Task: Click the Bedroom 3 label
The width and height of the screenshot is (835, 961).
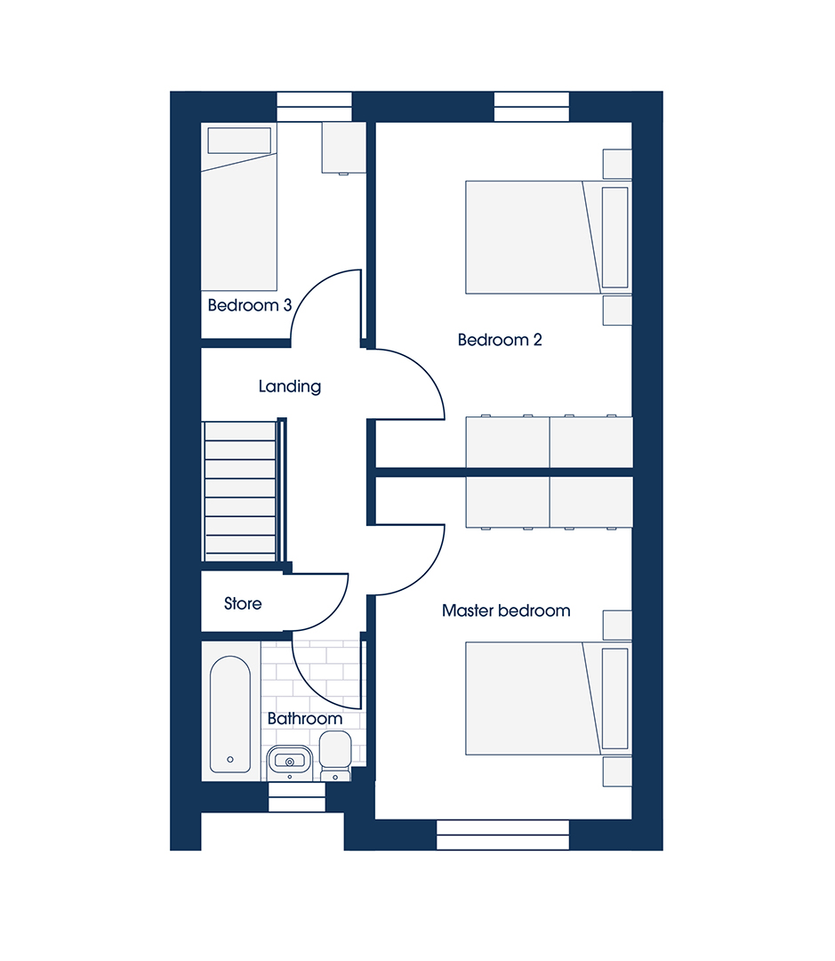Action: (x=249, y=305)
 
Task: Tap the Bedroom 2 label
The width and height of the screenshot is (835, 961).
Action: (x=500, y=340)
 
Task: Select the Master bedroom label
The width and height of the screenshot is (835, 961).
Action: (x=506, y=610)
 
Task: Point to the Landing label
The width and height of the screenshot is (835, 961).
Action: (x=290, y=386)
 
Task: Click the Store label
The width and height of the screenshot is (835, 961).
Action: (x=243, y=603)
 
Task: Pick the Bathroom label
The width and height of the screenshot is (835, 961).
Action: (x=304, y=718)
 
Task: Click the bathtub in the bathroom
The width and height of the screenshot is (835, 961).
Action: (x=230, y=715)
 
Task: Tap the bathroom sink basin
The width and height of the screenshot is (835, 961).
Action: (x=290, y=762)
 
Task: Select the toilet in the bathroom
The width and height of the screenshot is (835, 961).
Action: (x=335, y=756)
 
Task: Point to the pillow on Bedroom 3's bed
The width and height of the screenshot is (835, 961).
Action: (x=239, y=141)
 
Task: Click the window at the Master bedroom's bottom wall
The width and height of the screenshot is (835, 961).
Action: (x=503, y=836)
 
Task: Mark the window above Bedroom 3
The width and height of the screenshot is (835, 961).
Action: (x=314, y=107)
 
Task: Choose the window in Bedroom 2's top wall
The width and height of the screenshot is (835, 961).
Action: (x=532, y=107)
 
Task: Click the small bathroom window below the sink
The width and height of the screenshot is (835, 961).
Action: (x=296, y=797)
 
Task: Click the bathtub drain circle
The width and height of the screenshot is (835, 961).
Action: (x=230, y=759)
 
